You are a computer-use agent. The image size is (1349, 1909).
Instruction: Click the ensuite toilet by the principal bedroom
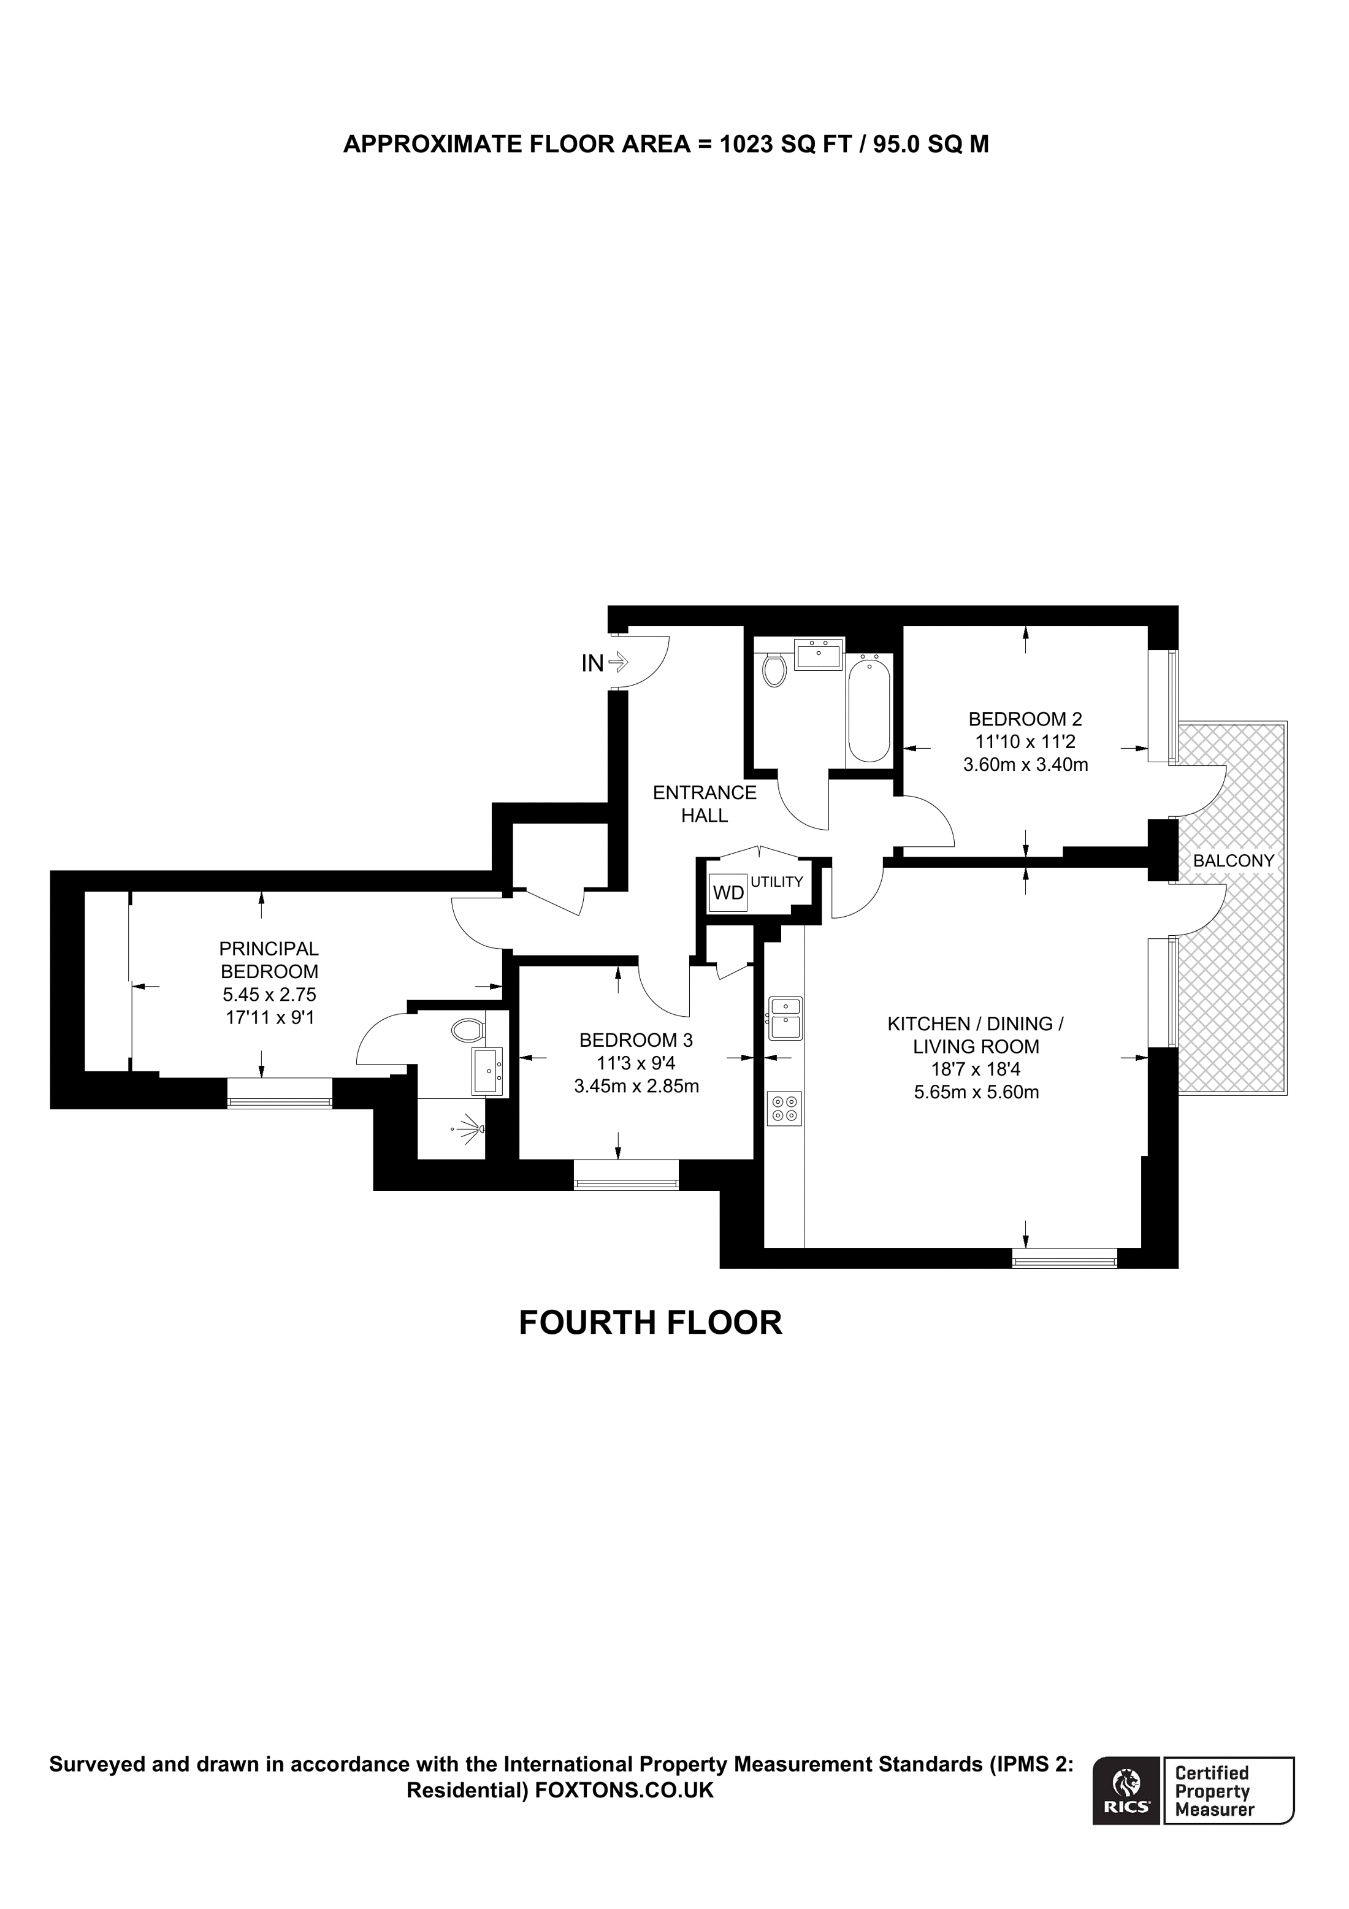[x=468, y=1031]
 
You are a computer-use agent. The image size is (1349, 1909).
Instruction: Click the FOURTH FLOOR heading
[x=650, y=1322]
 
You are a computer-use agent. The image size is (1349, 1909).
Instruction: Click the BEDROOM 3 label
[x=636, y=1039]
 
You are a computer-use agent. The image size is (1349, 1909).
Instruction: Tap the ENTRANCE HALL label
[x=704, y=804]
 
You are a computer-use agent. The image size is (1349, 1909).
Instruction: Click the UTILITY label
[x=776, y=882]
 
